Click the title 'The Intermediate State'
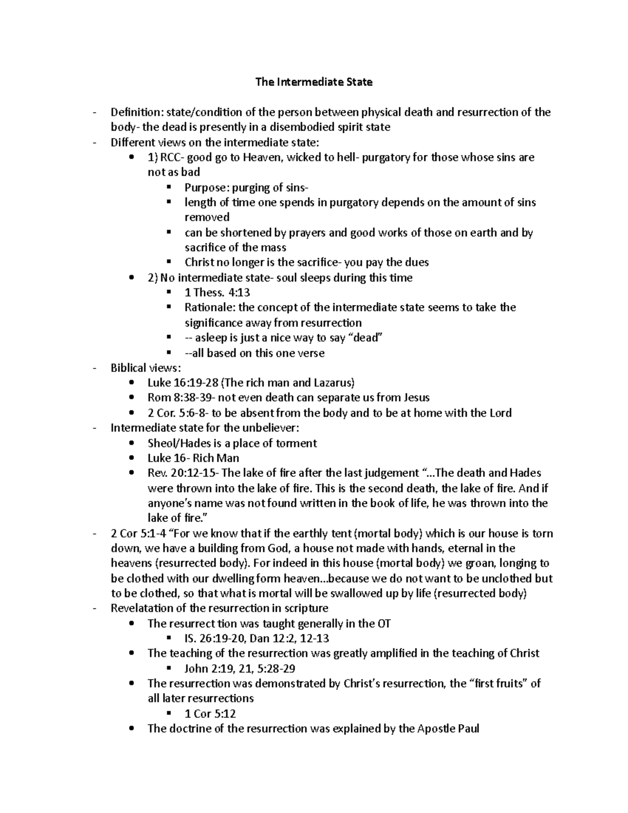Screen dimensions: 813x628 pos(313,82)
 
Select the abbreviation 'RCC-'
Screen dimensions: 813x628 pos(172,158)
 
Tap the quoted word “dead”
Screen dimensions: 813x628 pos(366,338)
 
